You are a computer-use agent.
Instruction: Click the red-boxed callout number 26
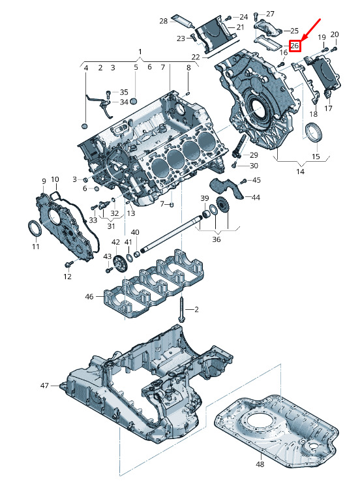[x=294, y=46]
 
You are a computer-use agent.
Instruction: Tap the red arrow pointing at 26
[x=310, y=29]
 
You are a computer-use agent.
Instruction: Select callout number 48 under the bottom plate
[x=260, y=464]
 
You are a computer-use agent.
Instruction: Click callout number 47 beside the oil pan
[x=44, y=386]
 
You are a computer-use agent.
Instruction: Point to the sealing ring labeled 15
[x=314, y=132]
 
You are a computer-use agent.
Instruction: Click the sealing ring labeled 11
[x=35, y=229]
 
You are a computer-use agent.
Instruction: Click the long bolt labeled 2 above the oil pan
[x=181, y=309]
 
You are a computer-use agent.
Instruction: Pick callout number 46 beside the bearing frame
[x=89, y=297]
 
